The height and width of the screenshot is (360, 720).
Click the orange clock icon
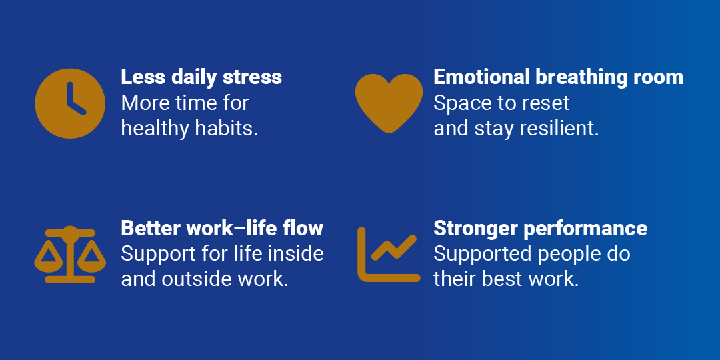(70, 103)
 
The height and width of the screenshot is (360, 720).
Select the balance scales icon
(70, 255)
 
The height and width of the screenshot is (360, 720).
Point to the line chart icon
(389, 255)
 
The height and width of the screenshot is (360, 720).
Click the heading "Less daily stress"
(201, 77)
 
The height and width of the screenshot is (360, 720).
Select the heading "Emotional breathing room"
(558, 78)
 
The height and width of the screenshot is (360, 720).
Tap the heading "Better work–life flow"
(222, 228)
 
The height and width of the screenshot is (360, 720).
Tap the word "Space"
(457, 104)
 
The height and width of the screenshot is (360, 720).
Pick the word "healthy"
(155, 129)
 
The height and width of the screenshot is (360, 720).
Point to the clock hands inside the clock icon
(75, 99)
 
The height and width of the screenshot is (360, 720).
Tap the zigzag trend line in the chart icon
(393, 247)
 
